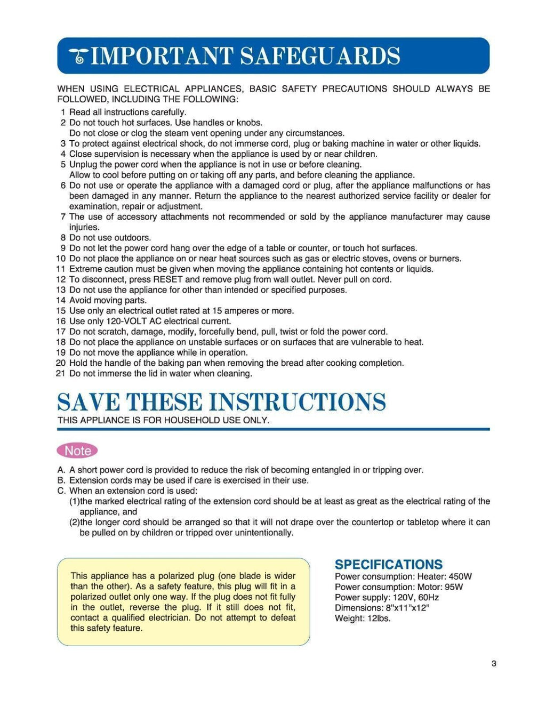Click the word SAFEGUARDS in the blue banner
click(x=320, y=56)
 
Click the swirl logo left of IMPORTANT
click(x=78, y=56)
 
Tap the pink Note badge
click(x=77, y=451)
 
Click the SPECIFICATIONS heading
click(x=388, y=565)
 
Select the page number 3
click(x=494, y=664)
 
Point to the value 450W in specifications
click(x=460, y=576)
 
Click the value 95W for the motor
click(x=454, y=587)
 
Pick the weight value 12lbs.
click(x=379, y=618)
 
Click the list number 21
click(x=60, y=373)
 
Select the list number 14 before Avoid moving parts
click(x=60, y=300)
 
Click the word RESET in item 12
click(x=167, y=279)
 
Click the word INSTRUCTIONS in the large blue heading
click(x=297, y=402)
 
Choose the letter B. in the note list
click(x=61, y=480)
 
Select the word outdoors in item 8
click(x=133, y=238)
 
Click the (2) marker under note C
click(x=74, y=523)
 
